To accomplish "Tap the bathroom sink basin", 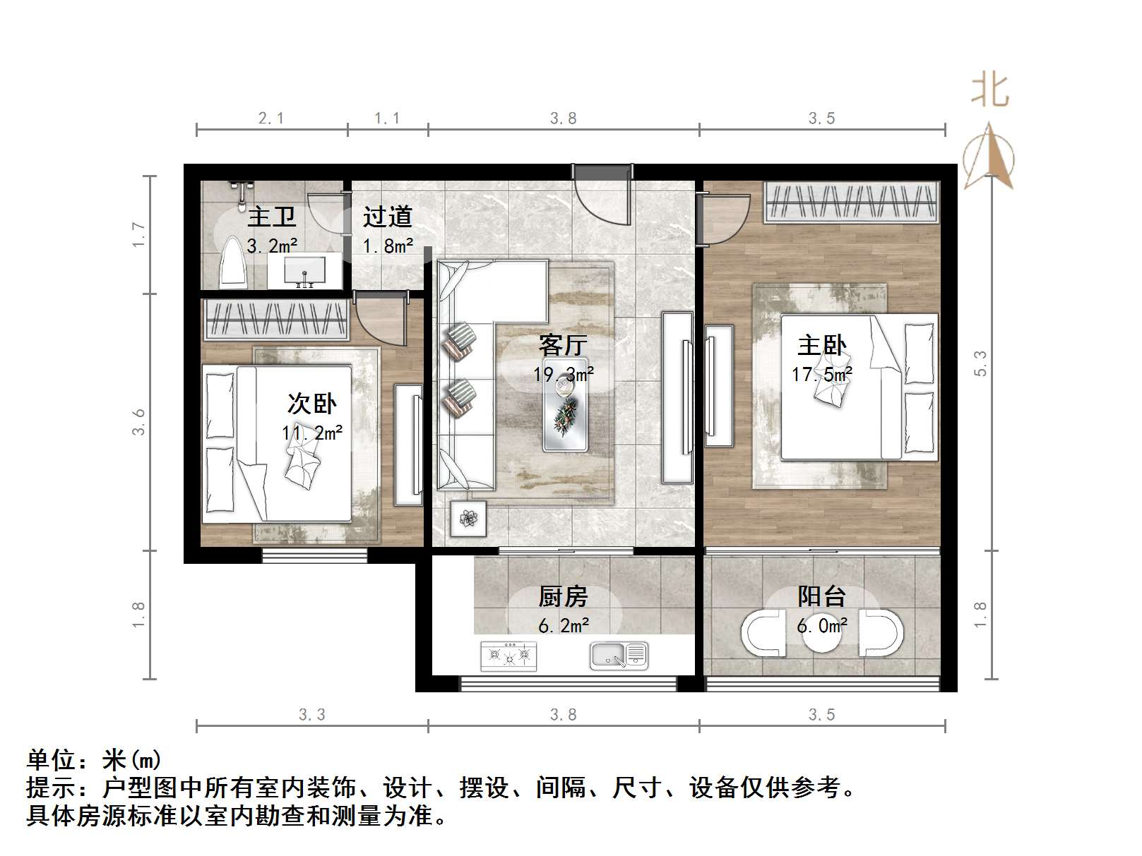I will tap(304, 270).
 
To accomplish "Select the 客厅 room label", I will tap(563, 345).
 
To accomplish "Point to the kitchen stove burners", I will tap(508, 656).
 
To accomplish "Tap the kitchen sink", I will tap(618, 656).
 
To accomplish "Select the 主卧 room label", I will tap(821, 345).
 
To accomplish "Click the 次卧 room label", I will tap(311, 404).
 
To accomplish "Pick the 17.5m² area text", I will tap(821, 374).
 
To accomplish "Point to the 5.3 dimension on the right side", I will tap(980, 363).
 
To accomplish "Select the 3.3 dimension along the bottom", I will tap(311, 715).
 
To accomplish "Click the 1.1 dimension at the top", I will tap(387, 119).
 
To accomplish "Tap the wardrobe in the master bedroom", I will tap(852, 201).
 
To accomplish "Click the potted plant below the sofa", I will tap(468, 519).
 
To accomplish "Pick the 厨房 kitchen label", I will tap(563, 597).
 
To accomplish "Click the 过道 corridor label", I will tap(387, 217).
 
